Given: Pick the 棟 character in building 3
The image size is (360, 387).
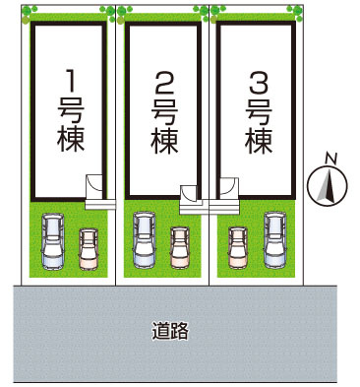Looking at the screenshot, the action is [x=259, y=141].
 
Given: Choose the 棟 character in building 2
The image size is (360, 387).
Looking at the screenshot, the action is [x=163, y=142].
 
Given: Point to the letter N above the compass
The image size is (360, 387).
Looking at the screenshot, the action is [x=331, y=159].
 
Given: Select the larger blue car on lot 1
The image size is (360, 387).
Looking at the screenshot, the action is [x=52, y=240].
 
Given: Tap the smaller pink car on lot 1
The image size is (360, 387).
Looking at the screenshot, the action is [x=89, y=249].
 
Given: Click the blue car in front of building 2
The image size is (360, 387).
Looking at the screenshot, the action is [x=145, y=240].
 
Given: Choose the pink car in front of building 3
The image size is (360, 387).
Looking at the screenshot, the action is [x=237, y=248].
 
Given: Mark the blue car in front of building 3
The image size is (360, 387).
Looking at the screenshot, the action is [x=275, y=240].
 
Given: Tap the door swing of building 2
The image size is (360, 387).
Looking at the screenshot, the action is [x=190, y=193].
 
